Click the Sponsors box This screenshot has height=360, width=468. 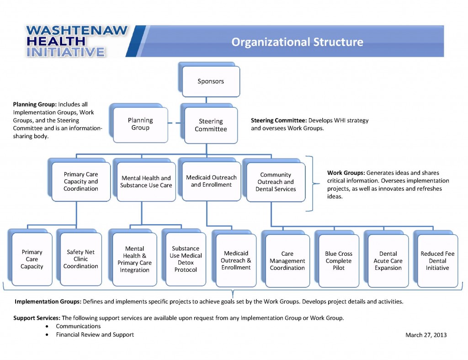click(211, 81)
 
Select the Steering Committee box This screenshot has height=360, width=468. click(211, 125)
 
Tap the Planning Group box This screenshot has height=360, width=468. click(140, 124)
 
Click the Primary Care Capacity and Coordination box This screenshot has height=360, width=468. click(80, 181)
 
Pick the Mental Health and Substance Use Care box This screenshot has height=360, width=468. click(146, 181)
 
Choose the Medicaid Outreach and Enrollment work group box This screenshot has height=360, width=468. click(211, 181)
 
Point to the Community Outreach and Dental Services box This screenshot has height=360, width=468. click(276, 182)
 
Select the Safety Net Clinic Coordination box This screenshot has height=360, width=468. click(80, 259)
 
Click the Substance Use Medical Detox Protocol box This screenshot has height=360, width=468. click(186, 259)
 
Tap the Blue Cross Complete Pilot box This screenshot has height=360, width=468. click(339, 261)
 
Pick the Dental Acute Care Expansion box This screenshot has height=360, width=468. click(388, 261)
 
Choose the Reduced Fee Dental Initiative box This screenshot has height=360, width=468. click(437, 261)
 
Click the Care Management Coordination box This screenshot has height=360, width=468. click(287, 261)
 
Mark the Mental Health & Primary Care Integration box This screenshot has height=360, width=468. click(134, 259)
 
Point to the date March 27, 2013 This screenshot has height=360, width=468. click(426, 335)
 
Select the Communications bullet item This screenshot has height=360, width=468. click(78, 326)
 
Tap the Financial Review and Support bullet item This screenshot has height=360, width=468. click(95, 334)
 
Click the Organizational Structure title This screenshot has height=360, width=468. click(297, 42)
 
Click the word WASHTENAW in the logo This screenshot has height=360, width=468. click(77, 31)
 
